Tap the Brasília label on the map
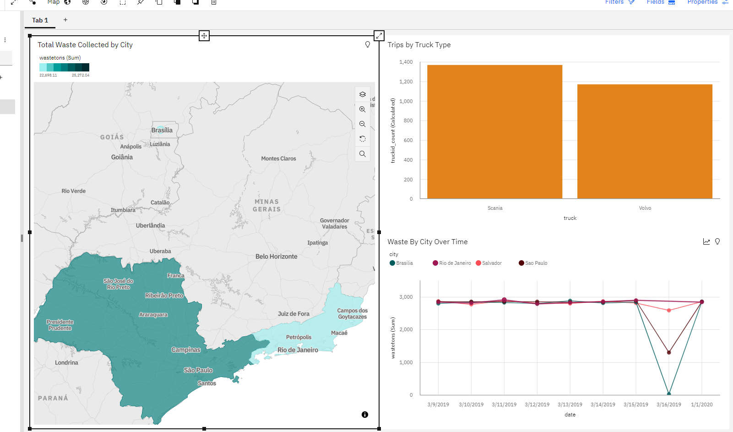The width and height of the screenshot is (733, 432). [162, 130]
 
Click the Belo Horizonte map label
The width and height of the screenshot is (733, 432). [276, 257]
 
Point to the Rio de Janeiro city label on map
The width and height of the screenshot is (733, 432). [298, 350]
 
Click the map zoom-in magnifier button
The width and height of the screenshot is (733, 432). [363, 109]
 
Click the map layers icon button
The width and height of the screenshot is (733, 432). [363, 94]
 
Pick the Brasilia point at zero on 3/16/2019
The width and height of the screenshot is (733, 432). [669, 394]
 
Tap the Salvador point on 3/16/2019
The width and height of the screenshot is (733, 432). [669, 311]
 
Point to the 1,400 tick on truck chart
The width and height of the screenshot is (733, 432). [406, 62]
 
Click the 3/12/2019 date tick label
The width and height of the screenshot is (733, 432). [537, 405]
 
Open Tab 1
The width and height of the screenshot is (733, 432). [40, 20]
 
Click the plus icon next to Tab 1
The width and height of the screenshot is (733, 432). [65, 20]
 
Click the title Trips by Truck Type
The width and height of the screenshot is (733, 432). [419, 45]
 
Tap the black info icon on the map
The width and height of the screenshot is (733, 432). [365, 415]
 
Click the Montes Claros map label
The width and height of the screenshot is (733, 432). [278, 159]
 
